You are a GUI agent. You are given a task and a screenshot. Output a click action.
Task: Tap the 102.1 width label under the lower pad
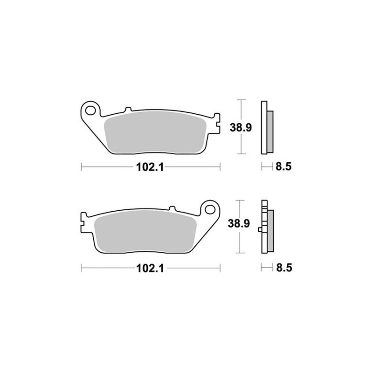(x=150, y=269)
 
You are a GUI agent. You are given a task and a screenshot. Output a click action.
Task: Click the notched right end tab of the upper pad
(x=216, y=123)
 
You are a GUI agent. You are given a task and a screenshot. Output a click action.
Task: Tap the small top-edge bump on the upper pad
(x=127, y=111)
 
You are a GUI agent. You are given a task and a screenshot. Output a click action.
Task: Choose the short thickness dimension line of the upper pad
(x=267, y=166)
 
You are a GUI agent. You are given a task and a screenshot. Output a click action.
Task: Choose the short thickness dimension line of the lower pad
(x=267, y=268)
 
